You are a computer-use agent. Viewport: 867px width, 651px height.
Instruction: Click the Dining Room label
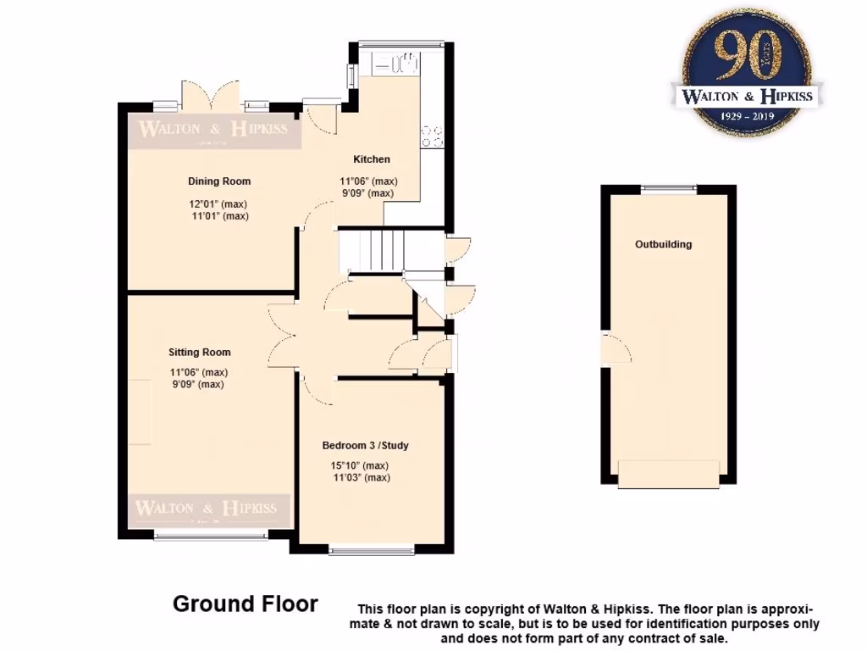(218, 181)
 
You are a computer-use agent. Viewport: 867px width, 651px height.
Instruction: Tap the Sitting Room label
(199, 352)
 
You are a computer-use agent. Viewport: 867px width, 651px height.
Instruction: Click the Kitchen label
(372, 159)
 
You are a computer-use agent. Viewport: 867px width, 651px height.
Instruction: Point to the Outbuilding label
(663, 244)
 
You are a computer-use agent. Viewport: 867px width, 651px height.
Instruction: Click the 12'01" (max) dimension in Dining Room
(218, 203)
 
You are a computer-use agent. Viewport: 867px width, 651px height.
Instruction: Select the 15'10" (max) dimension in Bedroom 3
(359, 465)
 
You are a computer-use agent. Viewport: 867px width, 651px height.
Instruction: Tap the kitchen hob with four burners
(431, 136)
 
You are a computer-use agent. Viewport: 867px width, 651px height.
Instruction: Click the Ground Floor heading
(246, 604)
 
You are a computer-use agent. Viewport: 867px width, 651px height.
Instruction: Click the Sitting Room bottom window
(210, 536)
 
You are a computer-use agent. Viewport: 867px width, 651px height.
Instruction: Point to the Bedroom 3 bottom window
(372, 551)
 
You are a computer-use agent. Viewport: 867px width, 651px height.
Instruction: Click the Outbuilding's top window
(668, 189)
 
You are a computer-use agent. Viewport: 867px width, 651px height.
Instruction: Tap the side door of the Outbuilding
(614, 348)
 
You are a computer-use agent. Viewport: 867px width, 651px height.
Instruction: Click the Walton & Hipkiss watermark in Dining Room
(213, 130)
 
